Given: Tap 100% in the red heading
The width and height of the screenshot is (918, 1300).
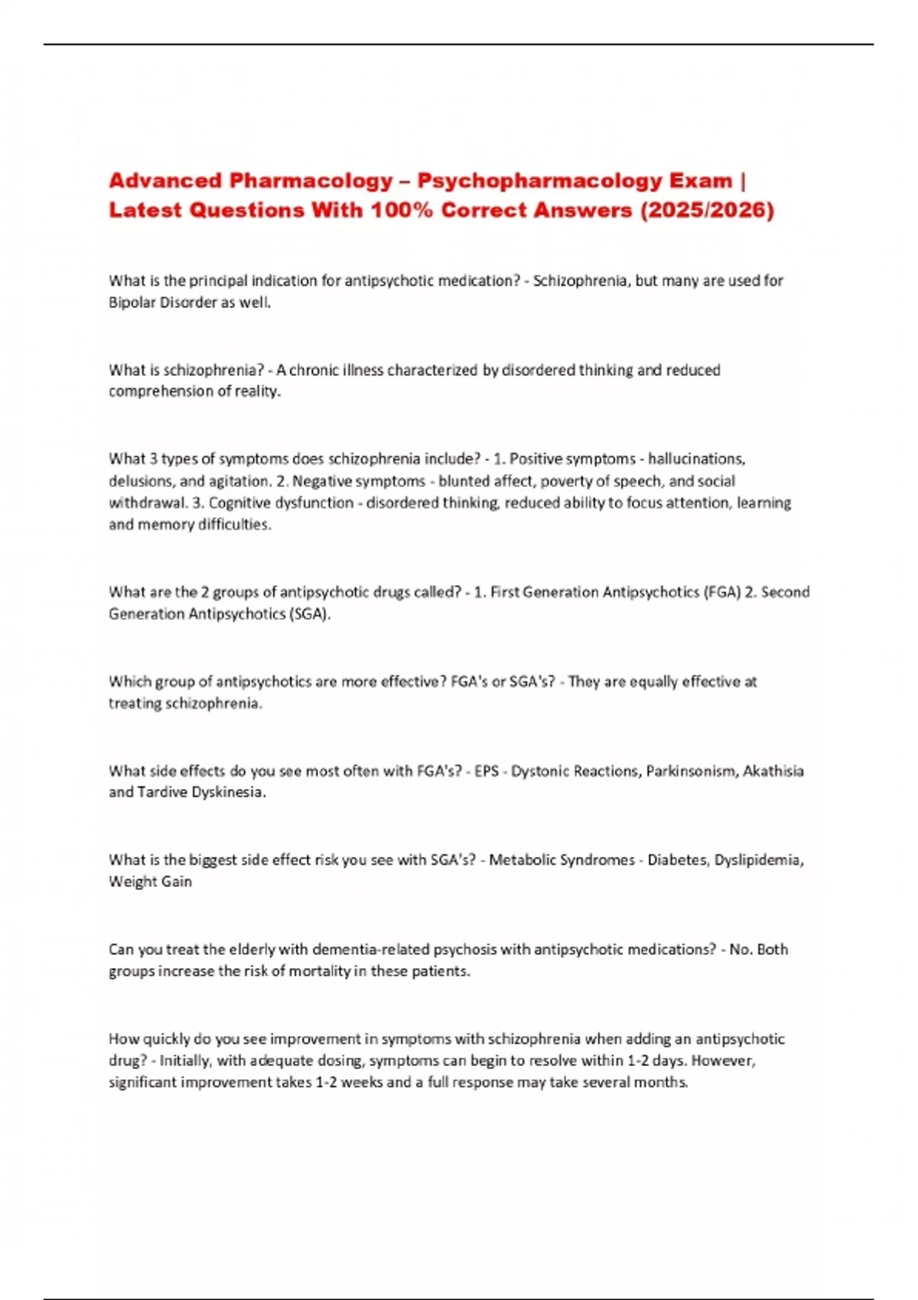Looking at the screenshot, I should point(402,210).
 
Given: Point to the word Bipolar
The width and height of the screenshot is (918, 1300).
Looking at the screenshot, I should point(131,302).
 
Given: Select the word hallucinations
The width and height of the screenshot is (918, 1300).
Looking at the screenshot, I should point(696,459).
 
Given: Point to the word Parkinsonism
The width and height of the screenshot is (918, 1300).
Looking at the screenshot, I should point(692,771).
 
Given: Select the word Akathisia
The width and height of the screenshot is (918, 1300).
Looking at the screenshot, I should point(773,771).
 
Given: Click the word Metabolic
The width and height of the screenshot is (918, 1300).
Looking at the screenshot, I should point(522,860).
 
